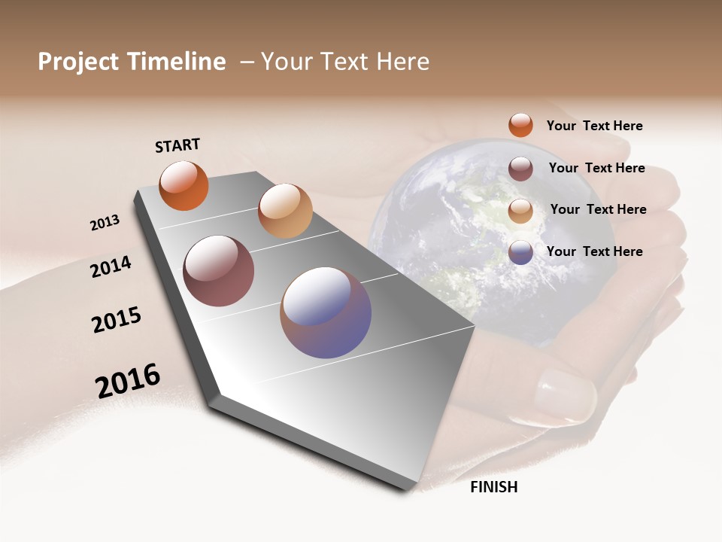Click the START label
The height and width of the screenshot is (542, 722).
tap(177, 145)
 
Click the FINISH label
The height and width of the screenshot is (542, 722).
tap(493, 487)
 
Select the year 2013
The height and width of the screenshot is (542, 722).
tap(105, 223)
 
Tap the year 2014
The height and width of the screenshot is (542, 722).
tap(111, 266)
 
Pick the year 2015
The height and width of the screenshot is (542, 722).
tap(117, 320)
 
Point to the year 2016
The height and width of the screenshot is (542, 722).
tap(128, 381)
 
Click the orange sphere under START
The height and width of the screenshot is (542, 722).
tap(184, 185)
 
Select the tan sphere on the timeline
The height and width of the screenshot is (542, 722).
tap(285, 211)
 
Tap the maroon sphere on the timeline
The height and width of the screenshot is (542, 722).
tap(218, 271)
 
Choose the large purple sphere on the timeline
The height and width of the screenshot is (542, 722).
tap(326, 312)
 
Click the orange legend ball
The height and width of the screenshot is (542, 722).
tap(520, 125)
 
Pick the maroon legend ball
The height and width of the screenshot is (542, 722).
tap(520, 169)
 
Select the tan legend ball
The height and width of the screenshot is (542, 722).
tap(520, 211)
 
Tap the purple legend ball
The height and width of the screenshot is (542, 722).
tap(520, 252)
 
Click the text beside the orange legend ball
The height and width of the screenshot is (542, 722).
tap(594, 126)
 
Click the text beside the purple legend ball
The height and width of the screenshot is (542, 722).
tap(594, 251)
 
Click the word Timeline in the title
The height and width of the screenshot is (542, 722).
tap(177, 62)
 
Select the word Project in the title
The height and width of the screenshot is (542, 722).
tap(78, 62)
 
